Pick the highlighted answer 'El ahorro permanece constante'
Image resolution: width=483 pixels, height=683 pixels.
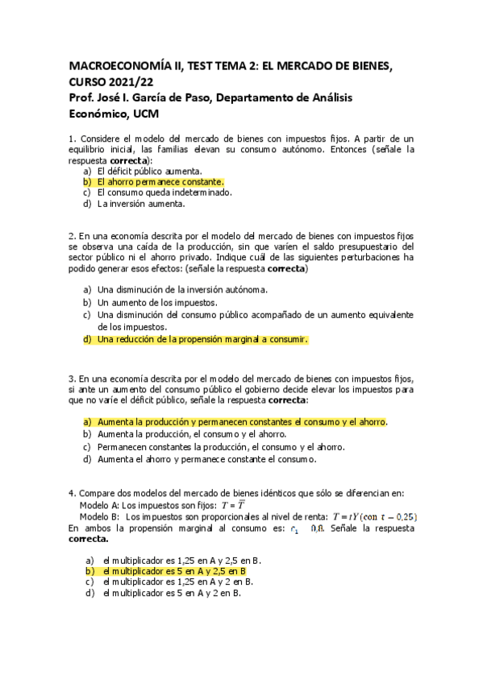coord(160,182)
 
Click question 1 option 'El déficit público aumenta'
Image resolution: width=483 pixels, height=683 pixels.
coord(149,172)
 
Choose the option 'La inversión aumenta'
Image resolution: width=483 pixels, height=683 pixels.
coord(140,204)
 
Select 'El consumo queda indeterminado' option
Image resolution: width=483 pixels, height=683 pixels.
coord(164,192)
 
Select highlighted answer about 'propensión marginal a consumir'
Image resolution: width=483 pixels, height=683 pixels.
coord(202,340)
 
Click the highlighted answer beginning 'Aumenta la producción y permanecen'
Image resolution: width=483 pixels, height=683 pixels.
coord(242,422)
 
